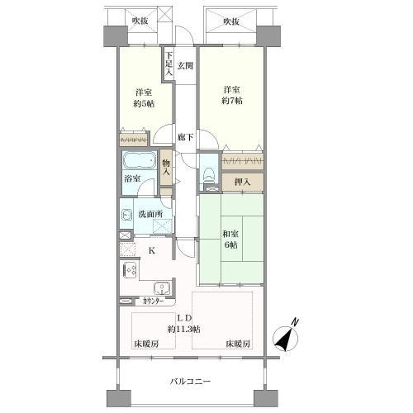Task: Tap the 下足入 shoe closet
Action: [x=168, y=64]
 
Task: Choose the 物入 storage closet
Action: [x=167, y=172]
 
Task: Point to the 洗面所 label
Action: [x=150, y=215]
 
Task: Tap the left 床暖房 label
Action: [x=145, y=344]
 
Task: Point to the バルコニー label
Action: [x=191, y=382]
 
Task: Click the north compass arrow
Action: [x=287, y=338]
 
